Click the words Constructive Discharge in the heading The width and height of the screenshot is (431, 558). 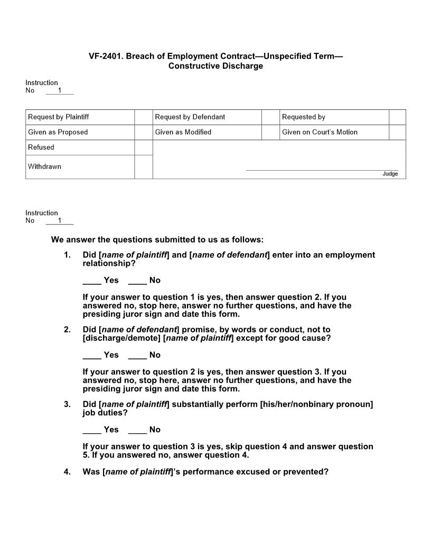point(215,66)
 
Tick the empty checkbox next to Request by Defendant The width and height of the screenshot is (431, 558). point(270,117)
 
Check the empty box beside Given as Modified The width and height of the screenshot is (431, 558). point(270,132)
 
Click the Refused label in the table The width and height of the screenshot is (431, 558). point(41,147)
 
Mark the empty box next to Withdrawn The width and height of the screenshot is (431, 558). point(143,167)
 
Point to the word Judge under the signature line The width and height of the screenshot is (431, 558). point(390,174)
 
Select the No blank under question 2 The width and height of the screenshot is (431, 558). point(137,355)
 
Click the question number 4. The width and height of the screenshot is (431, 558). point(67,472)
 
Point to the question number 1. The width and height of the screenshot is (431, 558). point(67,255)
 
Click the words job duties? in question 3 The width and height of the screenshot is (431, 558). point(105,413)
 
